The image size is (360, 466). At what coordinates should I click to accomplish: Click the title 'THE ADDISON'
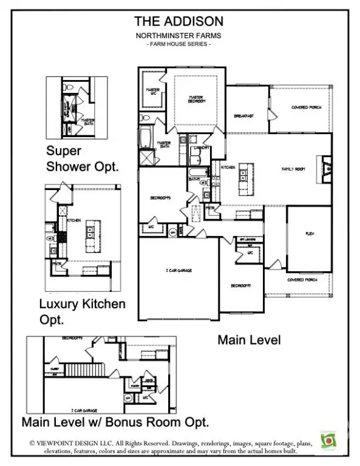coord(178,22)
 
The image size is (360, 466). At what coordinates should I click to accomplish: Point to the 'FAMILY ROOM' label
coord(292,169)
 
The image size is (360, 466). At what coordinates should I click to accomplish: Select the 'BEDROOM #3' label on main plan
coord(161,198)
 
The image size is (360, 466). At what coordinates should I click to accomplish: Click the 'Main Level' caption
coord(249,340)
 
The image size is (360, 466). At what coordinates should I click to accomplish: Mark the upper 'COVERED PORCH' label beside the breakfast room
coord(306,107)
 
